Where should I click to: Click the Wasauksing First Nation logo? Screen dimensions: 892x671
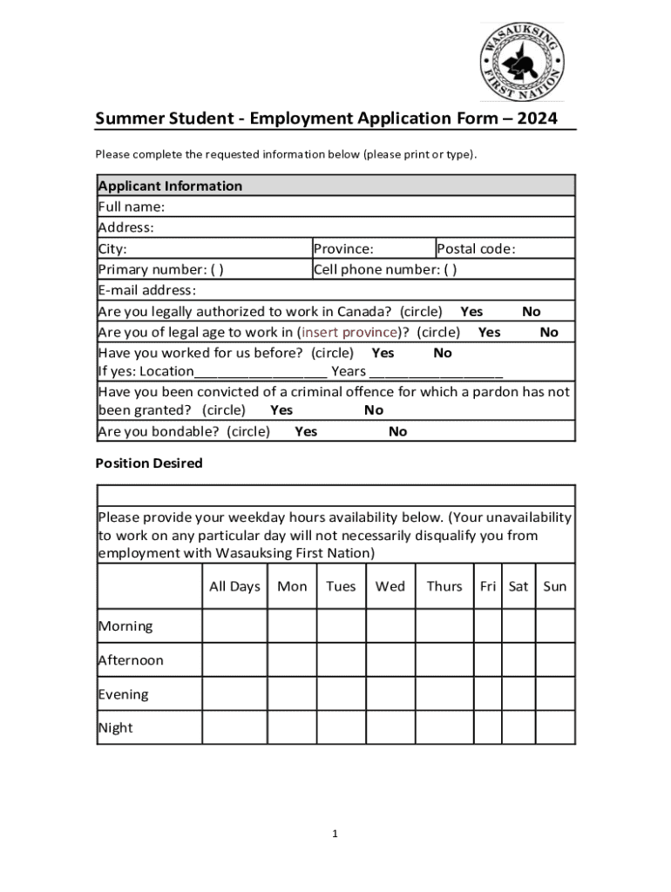point(522,62)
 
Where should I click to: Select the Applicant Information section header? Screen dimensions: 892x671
point(170,186)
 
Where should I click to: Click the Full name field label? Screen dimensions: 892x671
point(132,206)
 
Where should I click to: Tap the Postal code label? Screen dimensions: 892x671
point(476,249)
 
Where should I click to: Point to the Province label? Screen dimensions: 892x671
point(343,249)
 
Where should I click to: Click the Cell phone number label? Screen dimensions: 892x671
point(384,270)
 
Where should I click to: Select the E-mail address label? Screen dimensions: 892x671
point(147,291)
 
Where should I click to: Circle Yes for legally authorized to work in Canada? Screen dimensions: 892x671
point(471,312)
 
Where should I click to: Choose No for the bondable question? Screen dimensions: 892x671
point(397,432)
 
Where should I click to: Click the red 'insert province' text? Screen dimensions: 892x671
point(348,333)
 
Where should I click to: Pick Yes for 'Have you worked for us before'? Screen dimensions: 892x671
point(383,354)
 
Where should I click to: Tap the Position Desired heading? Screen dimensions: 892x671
point(149,463)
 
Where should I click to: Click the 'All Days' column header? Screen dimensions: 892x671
point(234,586)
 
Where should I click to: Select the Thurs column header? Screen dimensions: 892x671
point(444,586)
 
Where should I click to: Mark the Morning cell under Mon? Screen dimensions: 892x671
point(292,626)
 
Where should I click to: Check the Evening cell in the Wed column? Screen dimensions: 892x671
point(390,694)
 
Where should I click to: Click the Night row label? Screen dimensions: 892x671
point(116,728)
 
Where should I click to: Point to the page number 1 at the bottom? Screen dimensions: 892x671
point(335,835)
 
